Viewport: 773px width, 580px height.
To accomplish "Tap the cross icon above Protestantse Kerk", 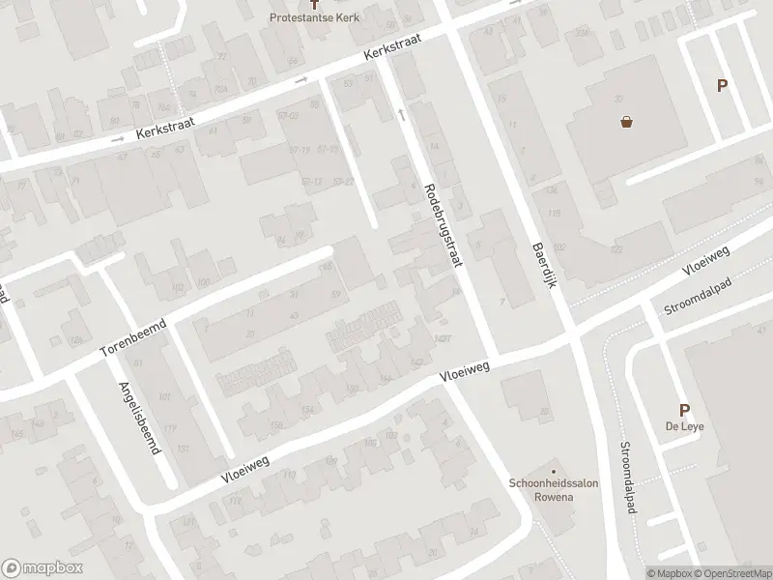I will [x=326, y=5].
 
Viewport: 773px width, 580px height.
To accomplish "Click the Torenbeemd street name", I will [x=134, y=336].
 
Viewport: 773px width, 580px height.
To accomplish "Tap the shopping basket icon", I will [x=627, y=123].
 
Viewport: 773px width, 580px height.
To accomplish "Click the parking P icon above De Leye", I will [x=684, y=411].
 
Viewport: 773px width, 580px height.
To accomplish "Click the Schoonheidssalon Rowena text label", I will [x=541, y=490].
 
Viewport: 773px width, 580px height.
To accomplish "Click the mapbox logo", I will [x=41, y=568].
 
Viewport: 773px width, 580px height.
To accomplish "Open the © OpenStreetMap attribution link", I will [x=730, y=573].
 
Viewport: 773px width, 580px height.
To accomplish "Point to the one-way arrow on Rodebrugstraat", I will [x=401, y=115].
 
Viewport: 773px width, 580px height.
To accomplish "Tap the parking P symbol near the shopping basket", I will [x=722, y=86].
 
